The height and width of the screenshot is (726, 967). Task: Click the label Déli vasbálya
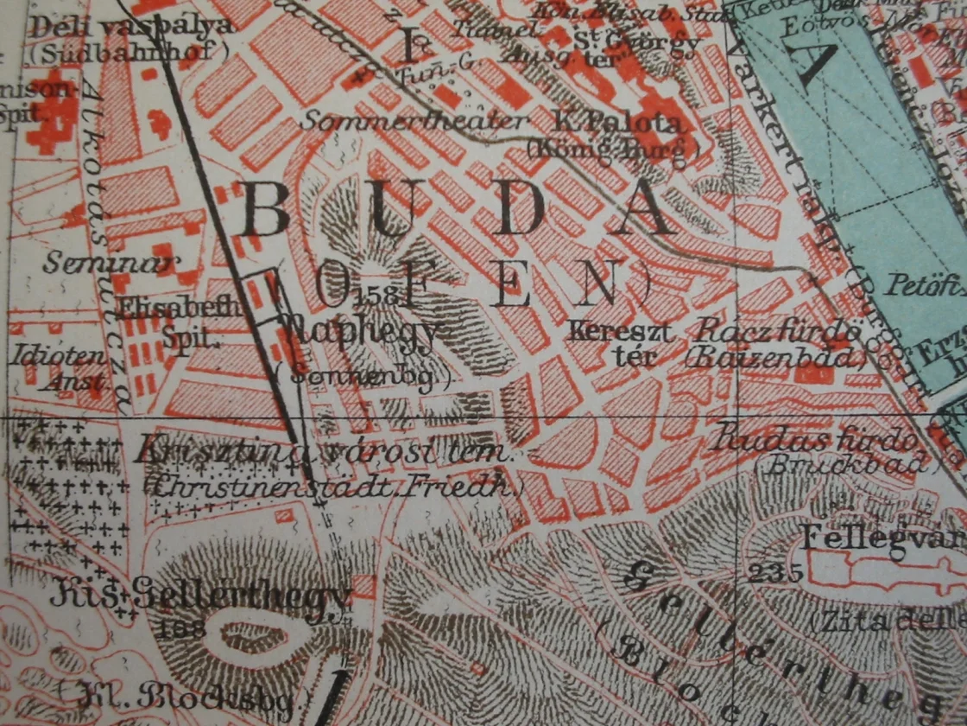coord(131,27)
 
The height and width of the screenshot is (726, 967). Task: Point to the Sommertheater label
coord(412,120)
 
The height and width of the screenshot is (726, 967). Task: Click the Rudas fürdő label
coord(812,439)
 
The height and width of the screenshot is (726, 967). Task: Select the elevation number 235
coord(776,572)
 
